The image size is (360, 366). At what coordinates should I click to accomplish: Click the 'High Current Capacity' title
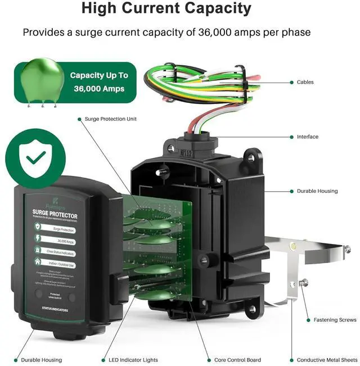[166, 9]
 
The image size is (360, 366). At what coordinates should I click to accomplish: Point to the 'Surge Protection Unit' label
[110, 119]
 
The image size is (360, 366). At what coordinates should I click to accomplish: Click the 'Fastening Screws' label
[334, 320]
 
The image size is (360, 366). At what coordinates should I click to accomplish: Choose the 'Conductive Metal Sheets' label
[327, 360]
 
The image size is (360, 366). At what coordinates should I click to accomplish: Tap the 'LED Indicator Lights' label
[129, 360]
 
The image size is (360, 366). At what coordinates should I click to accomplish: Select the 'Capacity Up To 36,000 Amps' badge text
[99, 82]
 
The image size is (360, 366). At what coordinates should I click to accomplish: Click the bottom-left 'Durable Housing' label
[42, 360]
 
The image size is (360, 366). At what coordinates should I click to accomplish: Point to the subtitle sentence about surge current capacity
[166, 32]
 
